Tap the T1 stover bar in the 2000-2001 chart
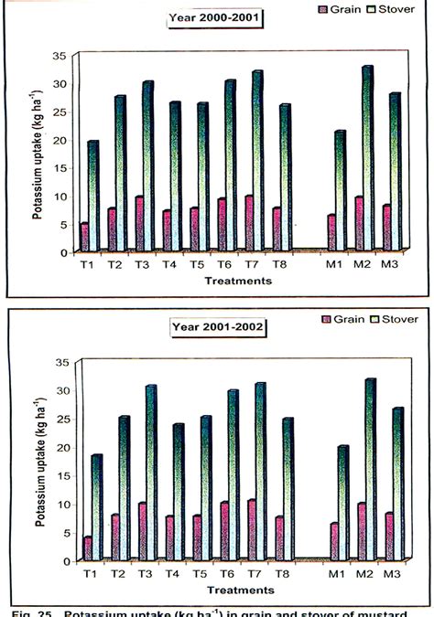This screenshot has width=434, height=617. tap(92, 196)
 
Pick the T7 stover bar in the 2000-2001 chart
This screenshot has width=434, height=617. tap(257, 161)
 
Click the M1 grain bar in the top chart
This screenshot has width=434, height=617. tap(331, 234)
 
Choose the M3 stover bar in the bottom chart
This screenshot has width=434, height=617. tap(396, 484)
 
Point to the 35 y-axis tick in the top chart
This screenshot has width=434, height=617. tap(60, 57)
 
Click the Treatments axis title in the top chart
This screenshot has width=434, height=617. tap(238, 282)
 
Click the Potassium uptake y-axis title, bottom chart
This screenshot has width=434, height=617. tap(40, 462)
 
